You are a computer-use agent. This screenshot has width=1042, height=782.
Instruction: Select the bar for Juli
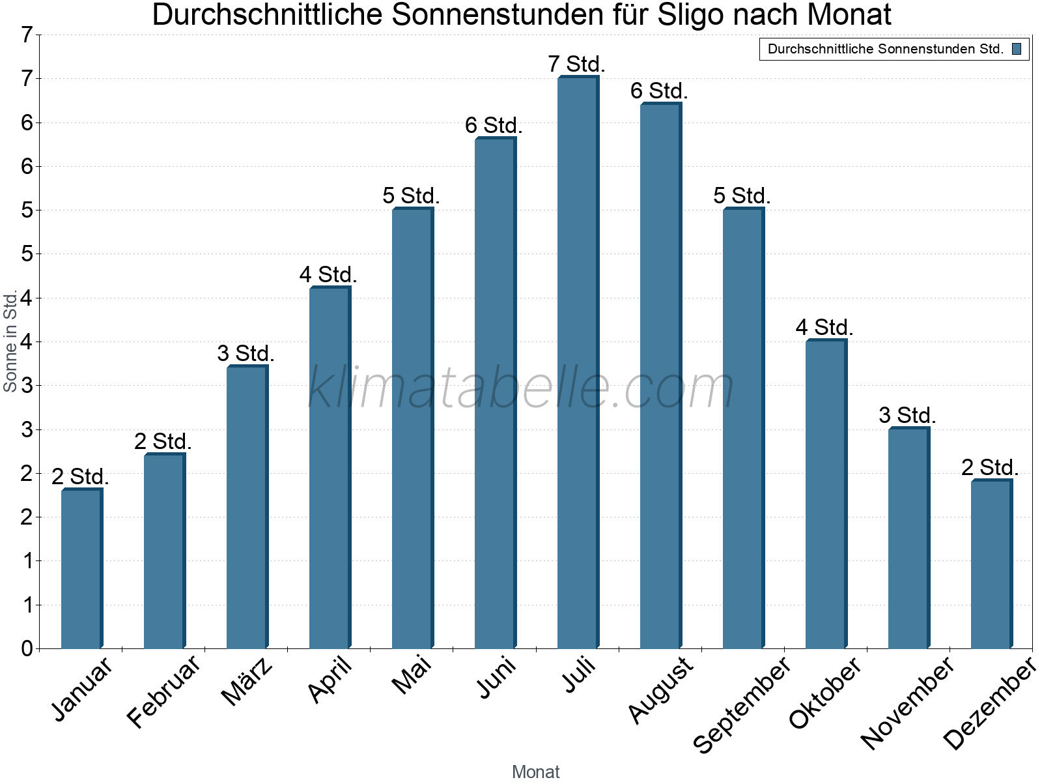577,362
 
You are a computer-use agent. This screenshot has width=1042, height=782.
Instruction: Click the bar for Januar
81,568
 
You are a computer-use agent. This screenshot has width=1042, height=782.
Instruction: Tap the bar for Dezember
991,564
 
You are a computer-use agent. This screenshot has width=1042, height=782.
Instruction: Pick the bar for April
329,467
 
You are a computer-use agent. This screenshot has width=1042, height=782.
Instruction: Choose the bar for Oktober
825,494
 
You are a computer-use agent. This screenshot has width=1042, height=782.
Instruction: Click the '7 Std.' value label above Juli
576,65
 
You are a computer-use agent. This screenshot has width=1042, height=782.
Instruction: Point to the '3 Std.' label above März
246,354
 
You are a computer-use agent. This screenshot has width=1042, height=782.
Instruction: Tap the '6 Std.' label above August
659,91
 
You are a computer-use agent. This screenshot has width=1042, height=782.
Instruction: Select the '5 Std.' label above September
742,195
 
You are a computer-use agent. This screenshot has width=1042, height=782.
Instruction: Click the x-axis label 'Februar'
163,691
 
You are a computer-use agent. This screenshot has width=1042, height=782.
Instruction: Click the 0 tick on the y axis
27,648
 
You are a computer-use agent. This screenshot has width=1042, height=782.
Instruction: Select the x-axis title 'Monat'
535,772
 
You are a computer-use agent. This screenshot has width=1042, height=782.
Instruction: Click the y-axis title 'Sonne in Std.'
10,341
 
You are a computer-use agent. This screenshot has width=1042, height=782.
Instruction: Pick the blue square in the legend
1017,49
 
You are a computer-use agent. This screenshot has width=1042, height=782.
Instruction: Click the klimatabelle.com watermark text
521,388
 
